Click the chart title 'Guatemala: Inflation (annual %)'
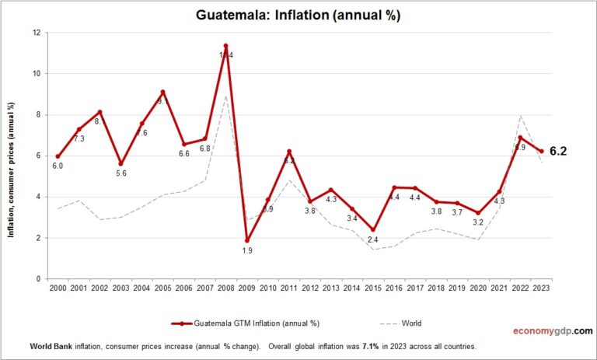pos(299,15)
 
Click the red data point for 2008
pos(226,47)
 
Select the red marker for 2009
pos(247,239)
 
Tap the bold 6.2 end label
pos(557,152)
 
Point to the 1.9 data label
pos(247,251)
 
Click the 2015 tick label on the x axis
pos(373,288)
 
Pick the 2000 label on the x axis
pos(58,288)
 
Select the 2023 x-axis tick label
pos(541,288)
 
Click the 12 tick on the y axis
pos(37,33)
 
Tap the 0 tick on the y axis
pos(39,278)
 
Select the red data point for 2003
pos(121,164)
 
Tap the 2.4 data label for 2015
pos(373,241)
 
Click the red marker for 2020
pos(478,212)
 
